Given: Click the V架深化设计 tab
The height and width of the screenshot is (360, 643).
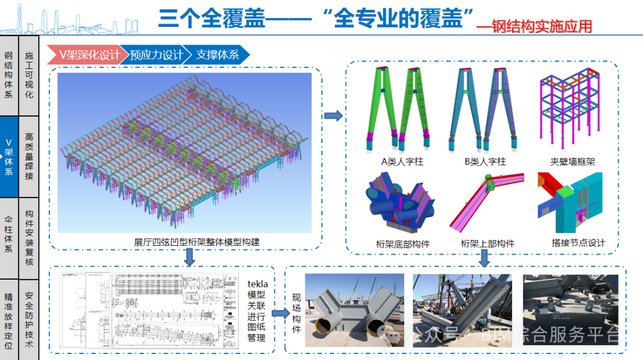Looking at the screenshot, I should pyautogui.click(x=88, y=55).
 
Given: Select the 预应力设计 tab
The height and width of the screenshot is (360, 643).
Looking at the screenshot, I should pyautogui.click(x=156, y=55).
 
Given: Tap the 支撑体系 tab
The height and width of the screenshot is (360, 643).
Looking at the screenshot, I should pyautogui.click(x=217, y=55).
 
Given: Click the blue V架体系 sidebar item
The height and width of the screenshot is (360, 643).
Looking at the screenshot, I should pyautogui.click(x=9, y=156).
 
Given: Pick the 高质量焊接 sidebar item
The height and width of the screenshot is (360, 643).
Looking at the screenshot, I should pyautogui.click(x=29, y=156).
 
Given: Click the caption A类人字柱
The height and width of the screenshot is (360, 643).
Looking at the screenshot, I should pyautogui.click(x=402, y=161).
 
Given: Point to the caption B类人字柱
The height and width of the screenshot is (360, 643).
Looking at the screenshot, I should pyautogui.click(x=485, y=161).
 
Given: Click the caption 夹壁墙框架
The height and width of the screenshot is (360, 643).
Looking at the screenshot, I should pyautogui.click(x=573, y=161).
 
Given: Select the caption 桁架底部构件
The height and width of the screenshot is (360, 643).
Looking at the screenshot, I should pyautogui.click(x=403, y=244).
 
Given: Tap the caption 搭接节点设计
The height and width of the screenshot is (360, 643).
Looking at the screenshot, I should pyautogui.click(x=578, y=243).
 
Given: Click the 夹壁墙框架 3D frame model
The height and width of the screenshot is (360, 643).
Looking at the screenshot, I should pyautogui.click(x=569, y=110).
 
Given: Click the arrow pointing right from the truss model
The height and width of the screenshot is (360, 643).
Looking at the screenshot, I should pyautogui.click(x=334, y=115).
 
